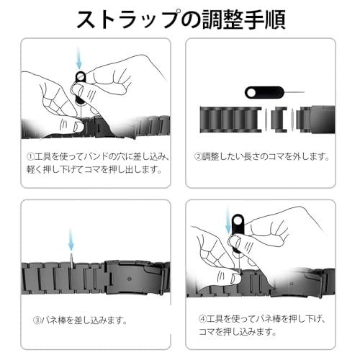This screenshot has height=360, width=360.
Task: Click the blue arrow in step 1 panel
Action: (x=79, y=58)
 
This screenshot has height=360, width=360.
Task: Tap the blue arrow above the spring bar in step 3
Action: (x=71, y=240)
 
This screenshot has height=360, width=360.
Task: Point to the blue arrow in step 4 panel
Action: (x=228, y=221)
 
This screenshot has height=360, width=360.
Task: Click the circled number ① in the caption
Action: (x=30, y=157)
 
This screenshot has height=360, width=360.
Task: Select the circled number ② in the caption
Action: (x=198, y=157)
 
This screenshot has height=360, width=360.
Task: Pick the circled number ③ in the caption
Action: (x=37, y=320)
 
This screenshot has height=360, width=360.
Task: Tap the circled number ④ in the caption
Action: (x=203, y=319)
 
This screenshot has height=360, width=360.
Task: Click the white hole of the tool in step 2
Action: (x=251, y=93)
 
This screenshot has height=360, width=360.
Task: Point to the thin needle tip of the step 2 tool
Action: (x=305, y=92)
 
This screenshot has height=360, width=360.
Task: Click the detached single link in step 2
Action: (x=279, y=120)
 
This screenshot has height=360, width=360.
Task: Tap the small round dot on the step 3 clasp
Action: (x=130, y=279)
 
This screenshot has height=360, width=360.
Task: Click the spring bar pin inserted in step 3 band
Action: (x=72, y=261)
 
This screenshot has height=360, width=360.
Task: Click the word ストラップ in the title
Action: (x=128, y=19)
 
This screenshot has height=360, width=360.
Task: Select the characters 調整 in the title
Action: (x=222, y=19)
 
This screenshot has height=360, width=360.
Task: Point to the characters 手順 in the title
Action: (x=265, y=19)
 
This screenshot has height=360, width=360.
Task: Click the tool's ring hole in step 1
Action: (x=81, y=77)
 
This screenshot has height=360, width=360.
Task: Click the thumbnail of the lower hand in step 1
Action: (x=78, y=127)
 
